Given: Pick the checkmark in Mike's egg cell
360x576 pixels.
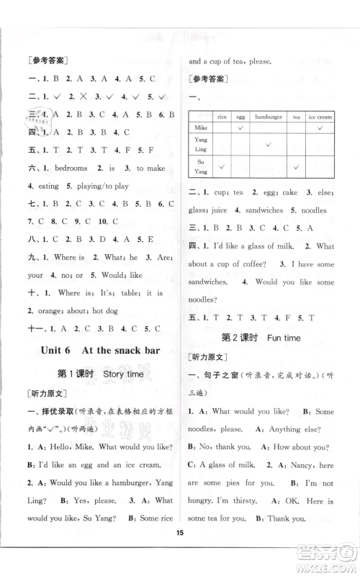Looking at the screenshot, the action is tap(240, 127).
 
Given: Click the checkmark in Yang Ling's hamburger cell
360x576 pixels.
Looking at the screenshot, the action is tap(267, 145).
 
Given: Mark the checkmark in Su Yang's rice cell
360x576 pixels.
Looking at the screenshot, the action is tap(222, 167).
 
